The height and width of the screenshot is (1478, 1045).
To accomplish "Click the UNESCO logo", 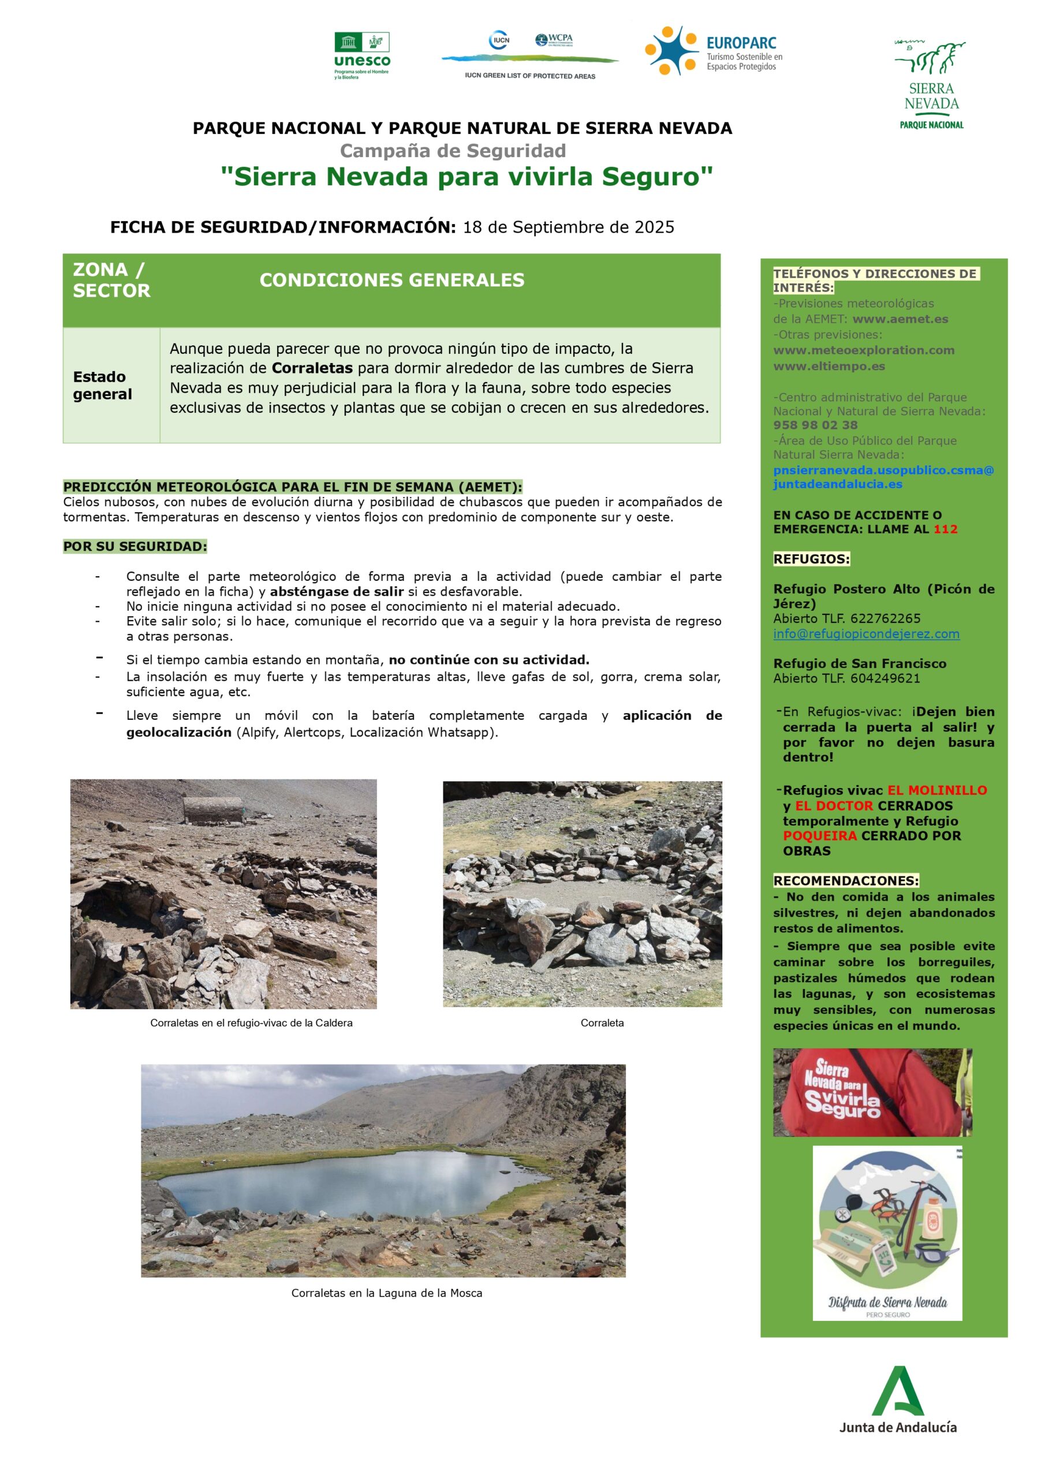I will pos(362,56).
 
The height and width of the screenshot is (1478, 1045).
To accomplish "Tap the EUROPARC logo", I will pos(714,51).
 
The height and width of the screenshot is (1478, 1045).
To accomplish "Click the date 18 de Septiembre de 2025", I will pos(569,227).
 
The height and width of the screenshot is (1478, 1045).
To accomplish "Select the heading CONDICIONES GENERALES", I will pos(391,280).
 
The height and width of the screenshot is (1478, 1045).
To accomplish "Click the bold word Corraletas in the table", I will pos(312,368).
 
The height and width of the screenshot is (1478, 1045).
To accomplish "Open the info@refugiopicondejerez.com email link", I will pos(866,634).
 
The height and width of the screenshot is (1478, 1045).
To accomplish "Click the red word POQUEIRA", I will pos(819,835).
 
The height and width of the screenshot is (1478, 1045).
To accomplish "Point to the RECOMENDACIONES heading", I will pos(845,880).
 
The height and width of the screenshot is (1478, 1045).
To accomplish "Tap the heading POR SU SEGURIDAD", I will pos(135,547).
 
